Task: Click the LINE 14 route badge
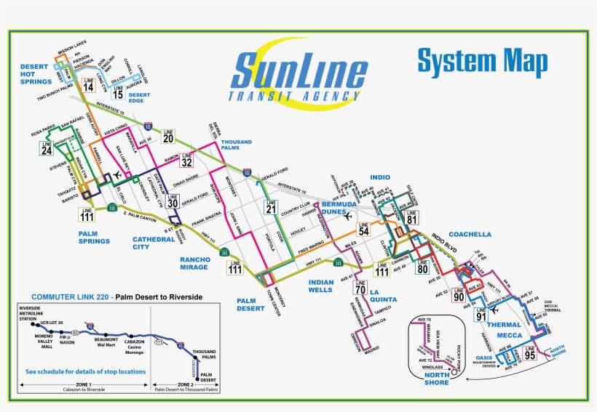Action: pos(88,84)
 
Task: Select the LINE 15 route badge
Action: pos(118,92)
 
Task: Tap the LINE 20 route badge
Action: pos(168,135)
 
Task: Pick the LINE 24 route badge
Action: pos(47,148)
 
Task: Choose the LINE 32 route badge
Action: pos(187,159)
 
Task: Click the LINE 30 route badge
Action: pos(173,201)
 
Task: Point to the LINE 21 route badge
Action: pos(271,208)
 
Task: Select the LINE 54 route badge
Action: pos(363,227)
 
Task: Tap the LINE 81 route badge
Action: pos(412,216)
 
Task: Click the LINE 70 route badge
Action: pos(360,286)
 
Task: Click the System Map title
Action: pos(482,62)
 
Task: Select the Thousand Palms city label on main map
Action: pos(237,145)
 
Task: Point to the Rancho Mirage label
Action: pos(195,262)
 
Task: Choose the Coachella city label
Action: pos(470,235)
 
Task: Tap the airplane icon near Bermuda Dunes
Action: pos(348,216)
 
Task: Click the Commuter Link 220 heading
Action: pos(116,297)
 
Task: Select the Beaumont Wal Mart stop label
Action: pos(106,342)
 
